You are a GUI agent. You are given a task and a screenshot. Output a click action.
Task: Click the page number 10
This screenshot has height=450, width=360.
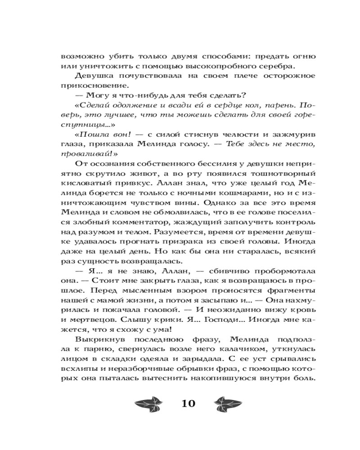pyautogui.click(x=188, y=403)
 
